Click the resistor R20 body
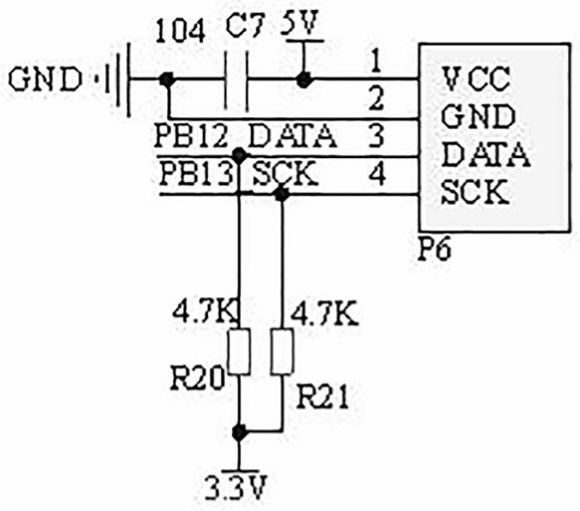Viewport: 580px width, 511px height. [x=240, y=351]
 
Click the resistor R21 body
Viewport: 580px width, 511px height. [x=283, y=351]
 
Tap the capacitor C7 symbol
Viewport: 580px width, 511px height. [x=236, y=81]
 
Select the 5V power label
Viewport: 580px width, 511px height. [x=299, y=23]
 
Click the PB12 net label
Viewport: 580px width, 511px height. [x=191, y=136]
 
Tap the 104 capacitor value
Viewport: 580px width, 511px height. [x=180, y=32]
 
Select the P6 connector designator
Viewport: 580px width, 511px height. [x=435, y=249]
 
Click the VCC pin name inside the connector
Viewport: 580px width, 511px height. [x=477, y=80]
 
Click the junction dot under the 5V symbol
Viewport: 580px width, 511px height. [x=303, y=80]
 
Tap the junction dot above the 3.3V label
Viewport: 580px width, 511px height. [x=240, y=431]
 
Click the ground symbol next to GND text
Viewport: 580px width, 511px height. [x=117, y=80]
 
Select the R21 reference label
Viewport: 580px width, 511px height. [x=323, y=398]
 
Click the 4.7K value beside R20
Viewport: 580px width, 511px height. [x=205, y=313]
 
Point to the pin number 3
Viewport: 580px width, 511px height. [x=377, y=135]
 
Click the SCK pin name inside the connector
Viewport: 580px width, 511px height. [x=475, y=191]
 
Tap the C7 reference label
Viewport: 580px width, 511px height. [x=246, y=26]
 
